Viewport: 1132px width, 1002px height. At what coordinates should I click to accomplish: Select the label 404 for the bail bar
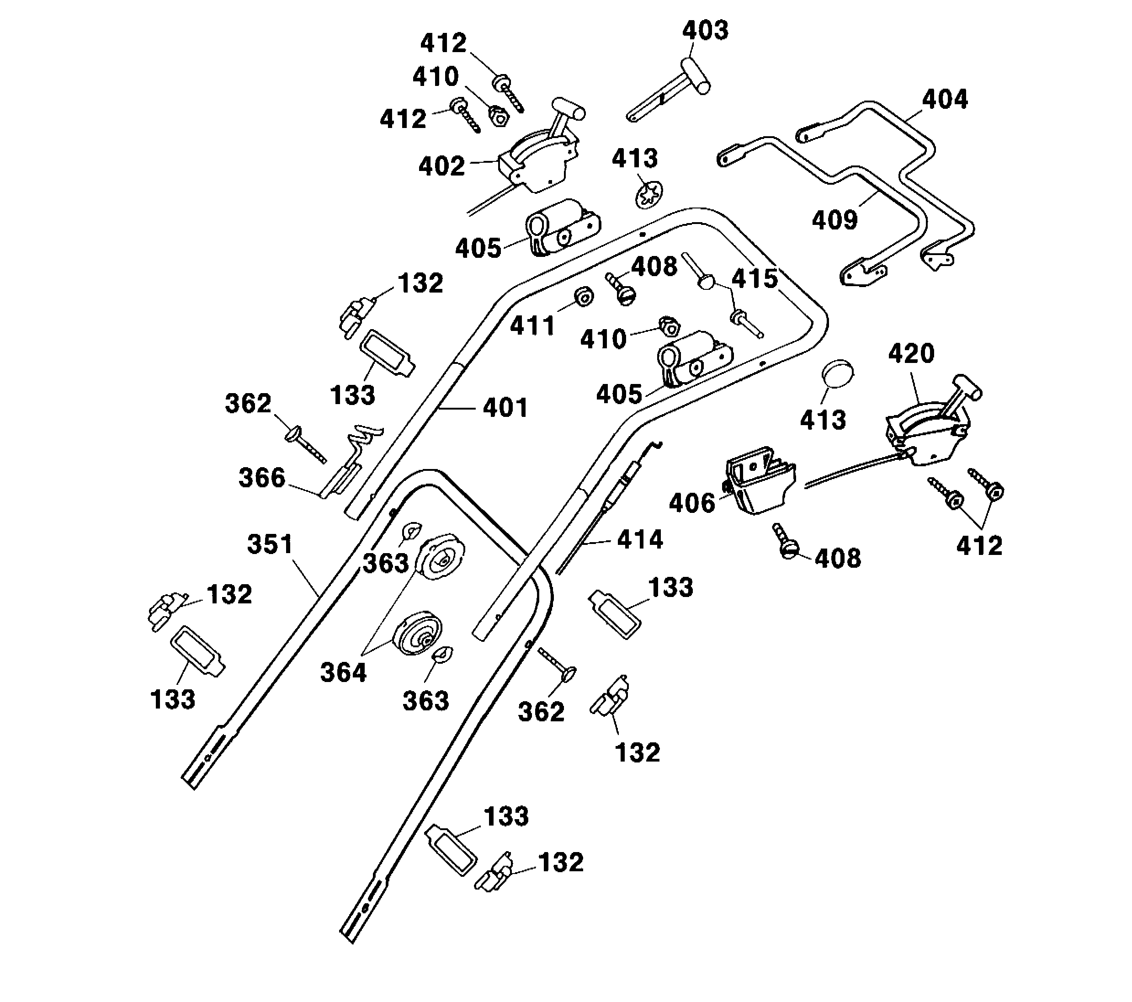944,100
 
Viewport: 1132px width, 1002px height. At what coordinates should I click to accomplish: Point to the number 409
834,220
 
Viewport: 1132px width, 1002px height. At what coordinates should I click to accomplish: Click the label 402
441,166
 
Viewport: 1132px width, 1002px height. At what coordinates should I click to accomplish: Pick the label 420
911,353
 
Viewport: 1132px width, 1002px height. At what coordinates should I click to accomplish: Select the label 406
692,503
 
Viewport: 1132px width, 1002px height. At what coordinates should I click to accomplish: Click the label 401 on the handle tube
505,408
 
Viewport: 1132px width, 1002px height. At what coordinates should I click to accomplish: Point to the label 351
270,544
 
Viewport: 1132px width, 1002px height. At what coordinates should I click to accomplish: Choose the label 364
343,673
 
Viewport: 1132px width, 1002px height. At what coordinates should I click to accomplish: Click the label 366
261,478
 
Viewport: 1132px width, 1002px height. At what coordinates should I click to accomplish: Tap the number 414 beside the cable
640,539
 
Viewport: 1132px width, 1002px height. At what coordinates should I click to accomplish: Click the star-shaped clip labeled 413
648,195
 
